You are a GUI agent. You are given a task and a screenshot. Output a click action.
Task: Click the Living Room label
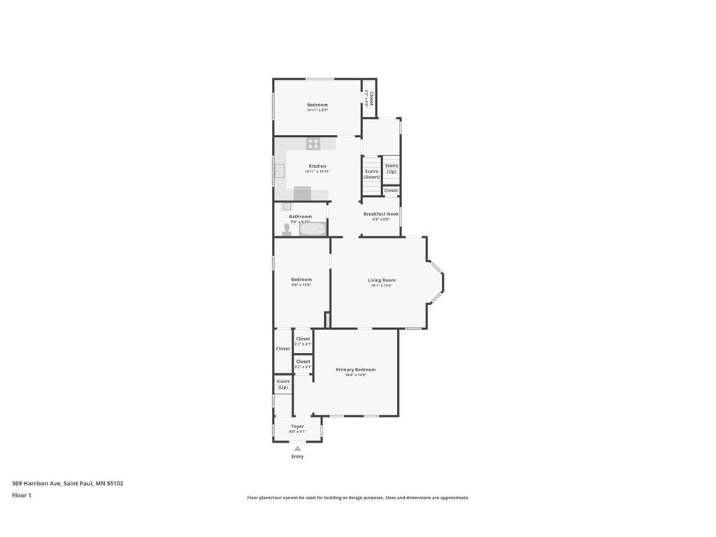381,280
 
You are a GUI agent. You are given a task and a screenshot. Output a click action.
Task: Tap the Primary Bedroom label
355,370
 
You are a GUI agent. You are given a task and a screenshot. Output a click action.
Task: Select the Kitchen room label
317,166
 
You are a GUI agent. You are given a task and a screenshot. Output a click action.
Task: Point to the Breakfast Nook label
380,214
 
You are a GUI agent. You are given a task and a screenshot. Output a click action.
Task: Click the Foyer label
297,426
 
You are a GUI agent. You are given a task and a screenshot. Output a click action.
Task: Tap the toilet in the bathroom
287,229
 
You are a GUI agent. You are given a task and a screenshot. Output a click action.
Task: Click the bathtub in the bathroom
313,229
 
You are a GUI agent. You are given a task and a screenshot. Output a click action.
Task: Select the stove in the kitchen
313,144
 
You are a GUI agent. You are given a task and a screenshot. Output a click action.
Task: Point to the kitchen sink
279,171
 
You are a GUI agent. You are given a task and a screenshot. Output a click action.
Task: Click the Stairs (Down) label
371,174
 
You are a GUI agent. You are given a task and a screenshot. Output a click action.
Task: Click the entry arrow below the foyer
297,448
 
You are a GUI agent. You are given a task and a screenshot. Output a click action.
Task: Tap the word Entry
297,457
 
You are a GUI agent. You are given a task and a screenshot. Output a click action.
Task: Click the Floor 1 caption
22,495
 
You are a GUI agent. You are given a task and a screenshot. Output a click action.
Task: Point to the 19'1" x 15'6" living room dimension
381,285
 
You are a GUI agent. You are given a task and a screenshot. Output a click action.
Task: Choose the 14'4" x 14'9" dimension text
355,375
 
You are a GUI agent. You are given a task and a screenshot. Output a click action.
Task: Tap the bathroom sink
287,207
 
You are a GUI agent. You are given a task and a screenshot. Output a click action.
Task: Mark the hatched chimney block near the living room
327,320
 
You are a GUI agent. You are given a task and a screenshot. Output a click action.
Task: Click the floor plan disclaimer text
357,498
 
